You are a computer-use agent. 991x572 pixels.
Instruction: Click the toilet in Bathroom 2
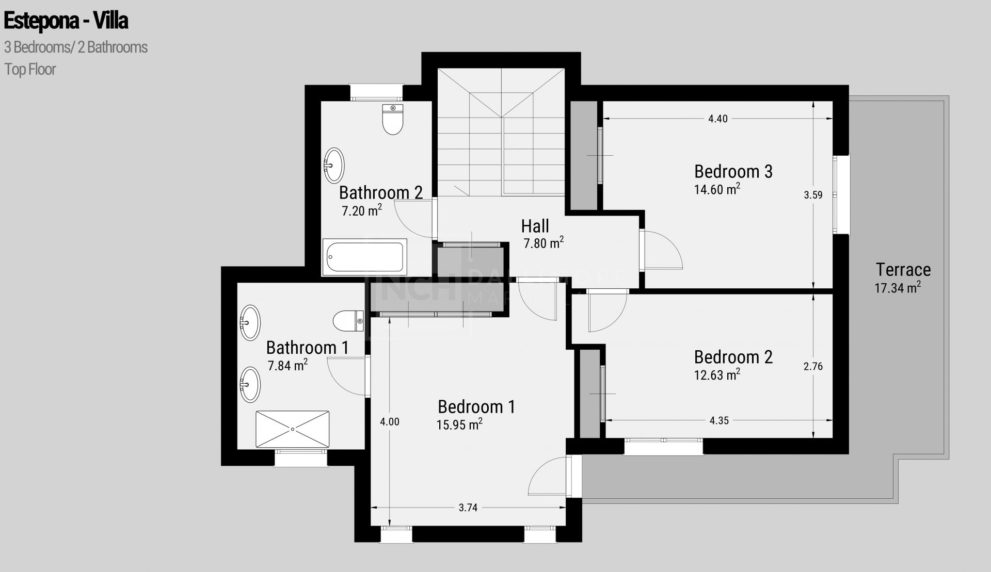click(393, 119)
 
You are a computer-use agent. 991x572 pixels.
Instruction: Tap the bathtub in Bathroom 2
click(365, 256)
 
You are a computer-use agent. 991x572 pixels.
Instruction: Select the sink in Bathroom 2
click(334, 165)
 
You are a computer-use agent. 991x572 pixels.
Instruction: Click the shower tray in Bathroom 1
click(292, 429)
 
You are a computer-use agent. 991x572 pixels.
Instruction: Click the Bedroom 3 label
click(733, 171)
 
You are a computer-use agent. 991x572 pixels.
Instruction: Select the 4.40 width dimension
click(717, 119)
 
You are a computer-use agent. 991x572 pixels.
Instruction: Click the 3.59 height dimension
click(813, 195)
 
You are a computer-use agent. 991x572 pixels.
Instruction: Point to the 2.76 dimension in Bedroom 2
click(813, 367)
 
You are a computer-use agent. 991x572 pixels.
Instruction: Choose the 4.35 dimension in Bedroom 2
click(719, 420)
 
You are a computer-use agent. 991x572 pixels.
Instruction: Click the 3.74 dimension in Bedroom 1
click(468, 508)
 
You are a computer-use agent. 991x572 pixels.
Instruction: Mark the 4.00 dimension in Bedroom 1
click(389, 421)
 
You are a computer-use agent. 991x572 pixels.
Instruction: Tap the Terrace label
click(903, 270)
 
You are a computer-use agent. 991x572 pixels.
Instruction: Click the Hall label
click(535, 226)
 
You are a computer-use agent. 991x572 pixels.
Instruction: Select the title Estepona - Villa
click(66, 21)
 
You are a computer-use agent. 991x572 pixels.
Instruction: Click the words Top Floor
click(30, 69)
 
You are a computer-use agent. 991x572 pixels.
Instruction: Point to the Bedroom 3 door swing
click(663, 250)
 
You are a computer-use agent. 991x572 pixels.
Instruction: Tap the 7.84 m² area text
click(287, 366)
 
